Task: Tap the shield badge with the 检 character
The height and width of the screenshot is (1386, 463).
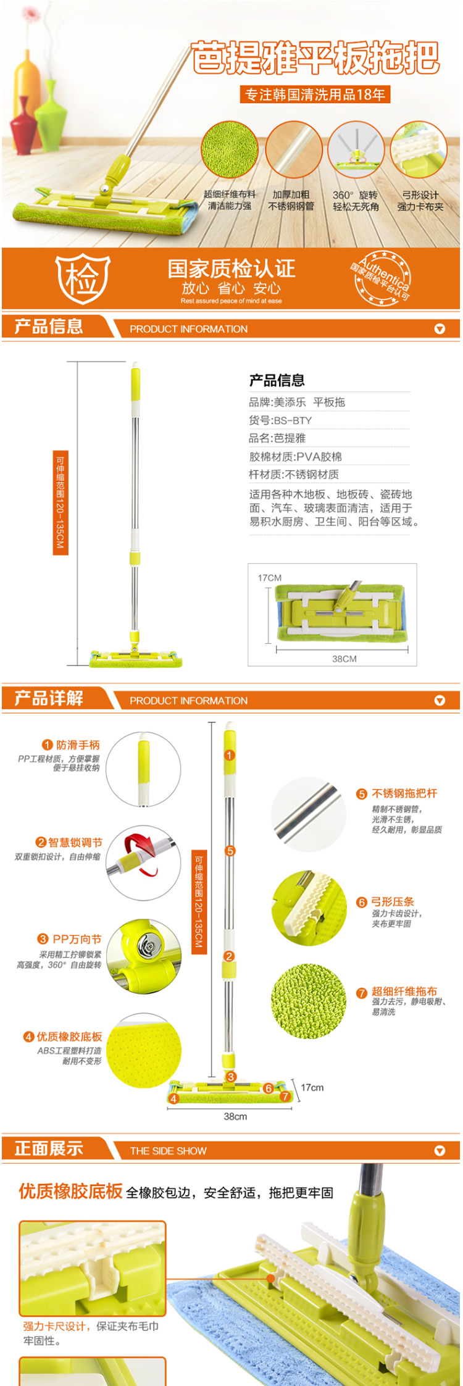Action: (x=83, y=278)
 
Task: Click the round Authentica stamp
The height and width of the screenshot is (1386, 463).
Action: (x=382, y=278)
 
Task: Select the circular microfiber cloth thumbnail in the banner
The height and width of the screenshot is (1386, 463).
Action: (x=230, y=150)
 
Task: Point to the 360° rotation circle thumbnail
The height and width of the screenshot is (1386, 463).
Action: (x=356, y=150)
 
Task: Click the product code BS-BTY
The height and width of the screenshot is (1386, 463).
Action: (x=293, y=420)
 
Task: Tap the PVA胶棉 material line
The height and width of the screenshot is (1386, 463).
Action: (x=295, y=457)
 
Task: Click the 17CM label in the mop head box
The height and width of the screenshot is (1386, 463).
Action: (x=270, y=578)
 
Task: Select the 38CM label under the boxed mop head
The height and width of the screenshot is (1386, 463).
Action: (x=344, y=659)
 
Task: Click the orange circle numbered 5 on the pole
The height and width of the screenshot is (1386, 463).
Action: (x=230, y=851)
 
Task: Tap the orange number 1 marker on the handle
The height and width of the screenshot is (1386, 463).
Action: (x=230, y=755)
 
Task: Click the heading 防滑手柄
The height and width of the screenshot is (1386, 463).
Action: (x=78, y=745)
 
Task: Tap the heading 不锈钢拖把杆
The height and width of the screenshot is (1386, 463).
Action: (x=404, y=793)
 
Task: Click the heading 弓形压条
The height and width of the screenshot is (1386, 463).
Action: (x=393, y=902)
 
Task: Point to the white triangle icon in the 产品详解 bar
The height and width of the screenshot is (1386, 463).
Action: (x=440, y=700)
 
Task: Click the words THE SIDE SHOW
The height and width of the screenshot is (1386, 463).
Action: (x=168, y=1151)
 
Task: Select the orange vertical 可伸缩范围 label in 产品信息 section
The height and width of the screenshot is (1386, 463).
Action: (x=60, y=502)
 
